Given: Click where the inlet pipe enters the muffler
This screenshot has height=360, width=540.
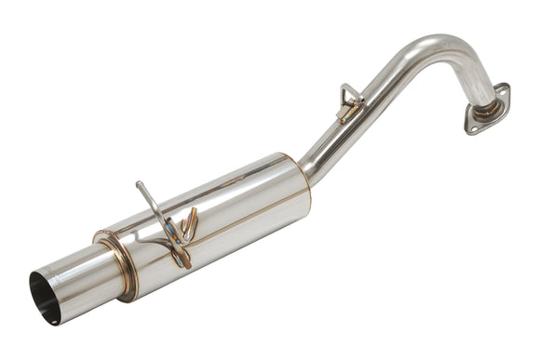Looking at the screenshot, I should (x=304, y=177).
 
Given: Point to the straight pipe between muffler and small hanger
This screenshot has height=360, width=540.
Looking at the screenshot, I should (x=326, y=140).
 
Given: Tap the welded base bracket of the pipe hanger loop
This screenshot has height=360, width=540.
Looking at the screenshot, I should (x=349, y=113).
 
